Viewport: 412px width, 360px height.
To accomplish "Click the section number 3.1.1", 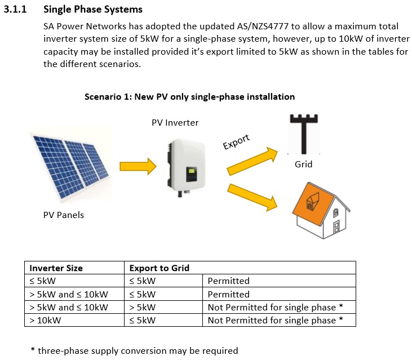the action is (15, 9).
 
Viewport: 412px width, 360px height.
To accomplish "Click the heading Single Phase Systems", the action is (93, 10).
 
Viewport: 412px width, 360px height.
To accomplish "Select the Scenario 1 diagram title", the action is (189, 97).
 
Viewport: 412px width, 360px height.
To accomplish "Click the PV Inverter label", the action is (175, 123).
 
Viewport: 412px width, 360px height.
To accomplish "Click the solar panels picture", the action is (70, 166).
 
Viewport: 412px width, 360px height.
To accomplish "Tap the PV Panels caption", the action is (64, 215).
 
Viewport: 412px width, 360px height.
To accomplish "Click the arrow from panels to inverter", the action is (138, 166).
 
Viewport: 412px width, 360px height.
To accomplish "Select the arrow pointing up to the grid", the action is (252, 161).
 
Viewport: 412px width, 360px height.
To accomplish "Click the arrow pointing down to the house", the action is (252, 197).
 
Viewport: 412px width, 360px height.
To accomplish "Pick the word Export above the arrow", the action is (236, 141).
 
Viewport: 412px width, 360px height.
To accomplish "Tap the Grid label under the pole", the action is (303, 164).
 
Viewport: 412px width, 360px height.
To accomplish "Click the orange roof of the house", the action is (313, 204).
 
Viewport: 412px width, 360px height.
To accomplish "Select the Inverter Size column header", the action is (56, 268).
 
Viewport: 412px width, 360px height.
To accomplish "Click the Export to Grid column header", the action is (160, 268).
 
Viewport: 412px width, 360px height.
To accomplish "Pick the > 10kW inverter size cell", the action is (45, 321).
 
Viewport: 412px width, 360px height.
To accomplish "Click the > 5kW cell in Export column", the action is (143, 307).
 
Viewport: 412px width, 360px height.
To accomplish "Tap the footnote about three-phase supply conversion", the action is (134, 350).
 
